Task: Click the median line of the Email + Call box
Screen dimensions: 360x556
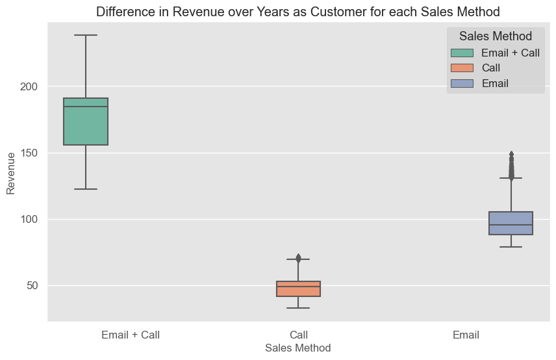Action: (x=85, y=107)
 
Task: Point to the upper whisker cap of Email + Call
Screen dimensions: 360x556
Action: (x=85, y=35)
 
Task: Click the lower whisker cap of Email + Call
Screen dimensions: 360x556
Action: (x=85, y=189)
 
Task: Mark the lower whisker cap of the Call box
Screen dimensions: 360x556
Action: (x=298, y=308)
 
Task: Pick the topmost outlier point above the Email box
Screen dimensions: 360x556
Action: (x=511, y=155)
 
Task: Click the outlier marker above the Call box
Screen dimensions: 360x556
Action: (x=298, y=258)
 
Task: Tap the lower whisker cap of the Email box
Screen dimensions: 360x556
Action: (x=511, y=247)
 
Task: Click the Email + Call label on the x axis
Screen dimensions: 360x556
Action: (x=131, y=335)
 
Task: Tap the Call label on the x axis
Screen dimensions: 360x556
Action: (x=299, y=335)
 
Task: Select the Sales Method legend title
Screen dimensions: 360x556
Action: (x=495, y=36)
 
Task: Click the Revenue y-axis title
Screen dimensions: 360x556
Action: (x=10, y=173)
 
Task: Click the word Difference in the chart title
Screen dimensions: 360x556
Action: (x=123, y=11)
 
